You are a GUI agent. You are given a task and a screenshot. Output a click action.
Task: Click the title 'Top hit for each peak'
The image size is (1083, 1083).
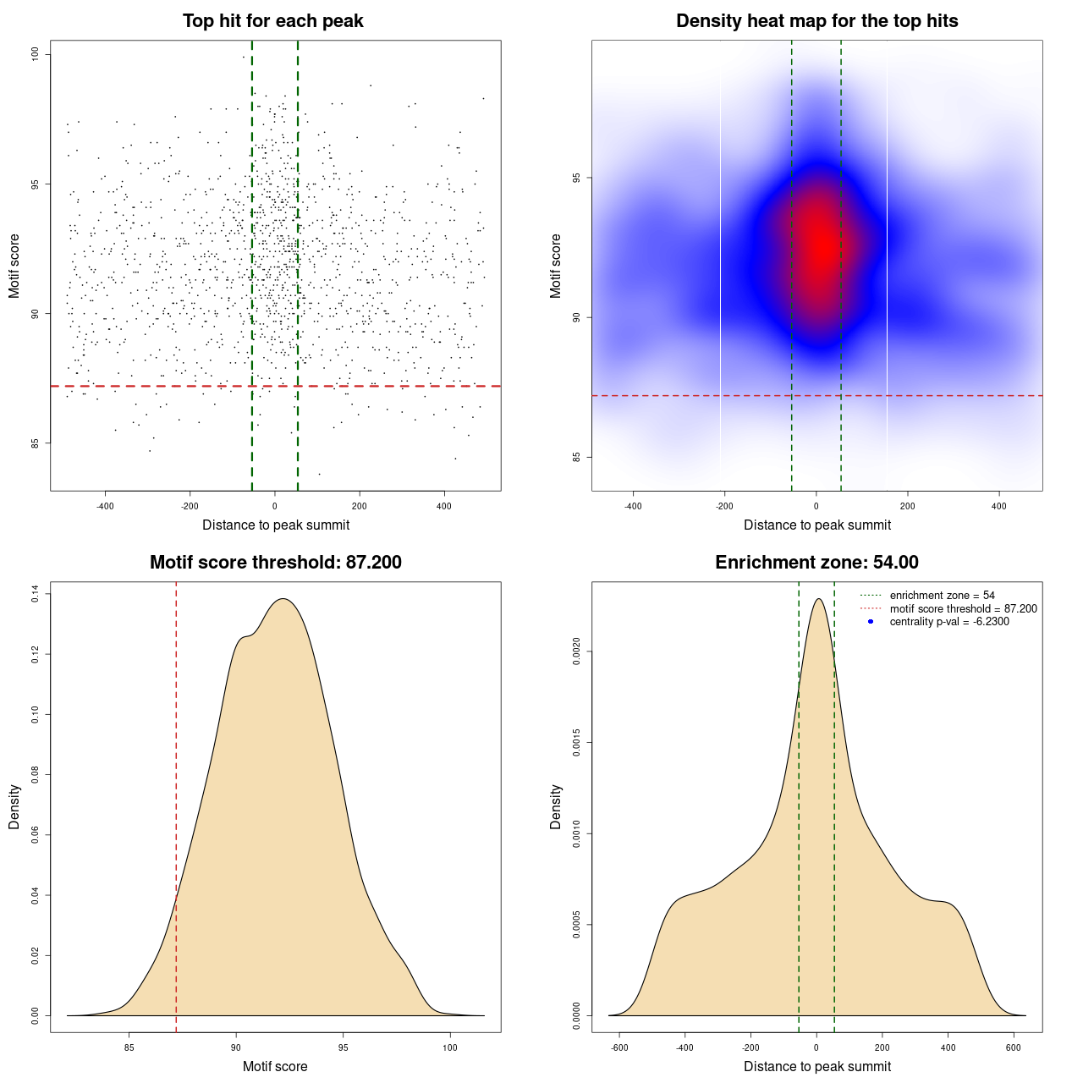pos(272,21)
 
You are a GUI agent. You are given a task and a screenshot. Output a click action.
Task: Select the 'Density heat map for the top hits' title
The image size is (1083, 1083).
pos(816,21)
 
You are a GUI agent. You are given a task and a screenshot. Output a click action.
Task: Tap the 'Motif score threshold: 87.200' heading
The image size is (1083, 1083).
pos(275,563)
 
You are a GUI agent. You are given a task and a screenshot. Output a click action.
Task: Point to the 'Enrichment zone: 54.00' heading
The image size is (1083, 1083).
pos(816,563)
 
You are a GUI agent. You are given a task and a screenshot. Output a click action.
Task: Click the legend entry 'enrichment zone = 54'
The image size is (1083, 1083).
pos(942,596)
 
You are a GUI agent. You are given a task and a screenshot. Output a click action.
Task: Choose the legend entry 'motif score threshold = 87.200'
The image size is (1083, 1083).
pos(963,608)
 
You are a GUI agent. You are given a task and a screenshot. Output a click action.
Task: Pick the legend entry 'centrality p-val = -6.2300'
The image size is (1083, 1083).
pos(949,622)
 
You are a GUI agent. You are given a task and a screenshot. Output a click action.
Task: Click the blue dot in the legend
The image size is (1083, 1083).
pos(871,622)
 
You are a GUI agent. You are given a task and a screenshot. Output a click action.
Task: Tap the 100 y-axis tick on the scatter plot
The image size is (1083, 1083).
pos(36,54)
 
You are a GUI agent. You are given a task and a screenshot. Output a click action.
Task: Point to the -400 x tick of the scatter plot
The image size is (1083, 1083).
pos(105,506)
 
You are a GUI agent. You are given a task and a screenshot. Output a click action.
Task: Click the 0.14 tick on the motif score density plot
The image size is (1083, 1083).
pos(36,595)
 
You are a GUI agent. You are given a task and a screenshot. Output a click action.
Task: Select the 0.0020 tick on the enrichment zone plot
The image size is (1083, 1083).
pos(577,651)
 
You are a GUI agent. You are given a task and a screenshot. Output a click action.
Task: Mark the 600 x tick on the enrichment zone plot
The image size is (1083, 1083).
pos(1013,1047)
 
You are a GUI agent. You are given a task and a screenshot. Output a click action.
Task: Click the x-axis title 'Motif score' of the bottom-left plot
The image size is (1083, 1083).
pos(275,1066)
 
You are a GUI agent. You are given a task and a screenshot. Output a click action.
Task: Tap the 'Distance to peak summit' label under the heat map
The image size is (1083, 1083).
pos(816,525)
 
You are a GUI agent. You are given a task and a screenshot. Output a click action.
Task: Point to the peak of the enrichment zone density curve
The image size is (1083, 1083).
pos(817,599)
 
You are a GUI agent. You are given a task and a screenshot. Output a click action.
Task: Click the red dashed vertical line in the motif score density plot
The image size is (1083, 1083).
pos(176,804)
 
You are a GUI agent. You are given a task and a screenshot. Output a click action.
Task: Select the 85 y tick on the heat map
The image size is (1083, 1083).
pos(577,457)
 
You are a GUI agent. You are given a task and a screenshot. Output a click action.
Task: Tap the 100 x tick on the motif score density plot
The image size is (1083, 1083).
pos(449,1047)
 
